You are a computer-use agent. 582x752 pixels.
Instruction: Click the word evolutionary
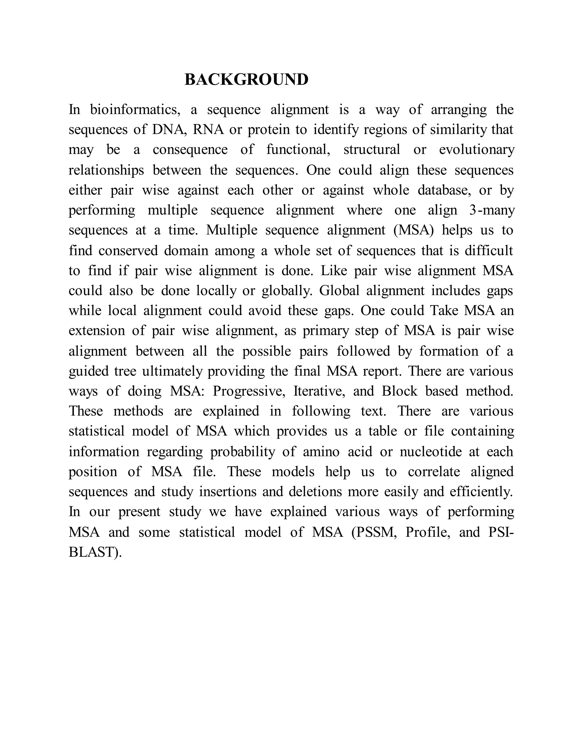pyautogui.click(x=477, y=150)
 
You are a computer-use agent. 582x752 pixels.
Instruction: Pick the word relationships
pyautogui.click(x=106, y=170)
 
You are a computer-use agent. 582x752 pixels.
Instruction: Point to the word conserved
pyautogui.click(x=128, y=250)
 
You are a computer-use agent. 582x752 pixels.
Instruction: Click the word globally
pyautogui.click(x=286, y=291)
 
